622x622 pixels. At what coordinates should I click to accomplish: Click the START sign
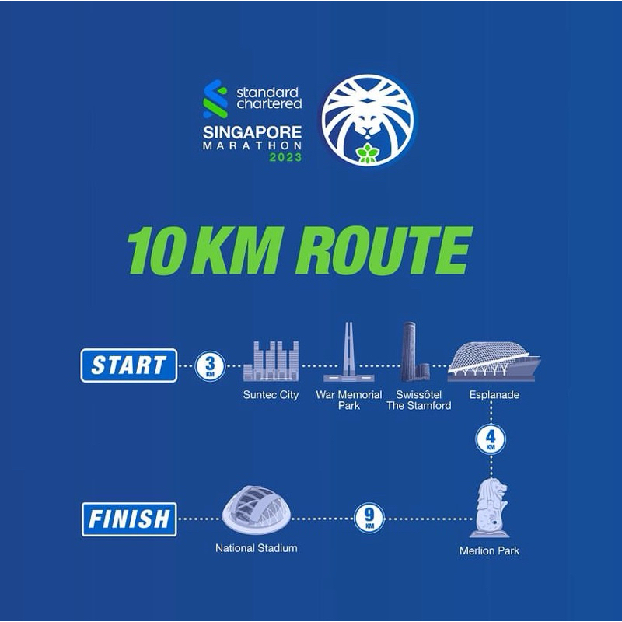click(x=128, y=365)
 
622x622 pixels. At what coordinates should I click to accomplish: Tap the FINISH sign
click(x=129, y=519)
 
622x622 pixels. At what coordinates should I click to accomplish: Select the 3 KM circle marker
click(x=210, y=365)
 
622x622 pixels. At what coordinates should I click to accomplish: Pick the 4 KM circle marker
click(x=490, y=441)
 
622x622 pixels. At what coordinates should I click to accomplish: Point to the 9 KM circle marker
click(x=369, y=519)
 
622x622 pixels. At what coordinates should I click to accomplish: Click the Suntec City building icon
click(x=271, y=361)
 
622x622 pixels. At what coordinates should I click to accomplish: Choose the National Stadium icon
click(x=257, y=509)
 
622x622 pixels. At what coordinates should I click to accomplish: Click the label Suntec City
click(x=271, y=395)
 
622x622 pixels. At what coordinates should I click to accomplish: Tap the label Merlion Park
click(x=490, y=551)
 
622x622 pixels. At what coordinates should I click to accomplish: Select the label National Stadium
click(x=257, y=548)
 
